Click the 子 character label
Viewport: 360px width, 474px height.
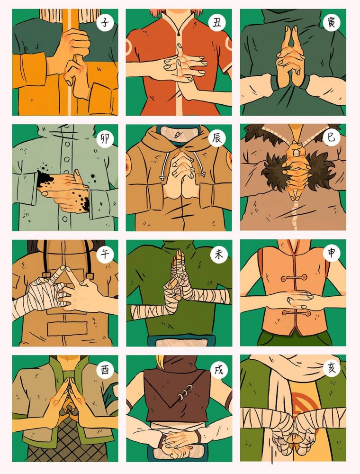(x=105, y=23)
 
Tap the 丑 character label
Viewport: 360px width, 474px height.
(x=217, y=23)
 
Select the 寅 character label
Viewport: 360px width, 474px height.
(x=331, y=23)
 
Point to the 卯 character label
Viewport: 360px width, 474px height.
(x=105, y=139)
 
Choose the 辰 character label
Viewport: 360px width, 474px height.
(x=217, y=138)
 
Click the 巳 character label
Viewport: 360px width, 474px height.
(x=331, y=137)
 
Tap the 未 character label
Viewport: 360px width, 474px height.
(x=219, y=255)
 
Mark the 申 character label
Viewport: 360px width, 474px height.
(x=331, y=253)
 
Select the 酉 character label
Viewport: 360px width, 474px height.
(x=105, y=370)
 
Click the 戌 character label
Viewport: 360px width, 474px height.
(x=219, y=369)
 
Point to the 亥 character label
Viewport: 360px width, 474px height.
(x=331, y=368)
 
